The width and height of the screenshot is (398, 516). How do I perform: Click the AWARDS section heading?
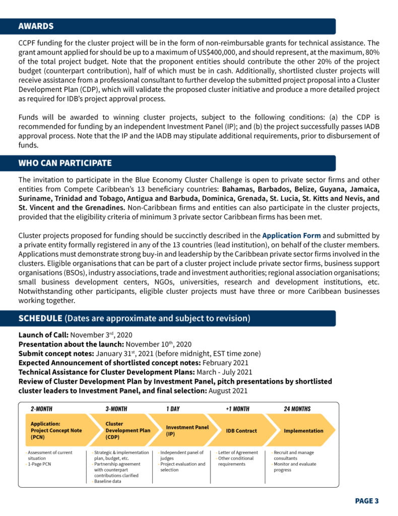36,26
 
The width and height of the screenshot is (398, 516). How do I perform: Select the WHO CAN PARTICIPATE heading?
65,163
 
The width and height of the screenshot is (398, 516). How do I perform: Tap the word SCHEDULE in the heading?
40,318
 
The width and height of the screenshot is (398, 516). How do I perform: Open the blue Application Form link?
291,235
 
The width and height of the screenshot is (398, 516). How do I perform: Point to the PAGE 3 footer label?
366,500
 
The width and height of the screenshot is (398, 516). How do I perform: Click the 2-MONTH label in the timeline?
41,409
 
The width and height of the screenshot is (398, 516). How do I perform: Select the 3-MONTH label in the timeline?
116,409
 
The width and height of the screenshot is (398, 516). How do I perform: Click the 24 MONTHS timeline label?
297,409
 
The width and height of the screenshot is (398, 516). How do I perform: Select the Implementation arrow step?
303,431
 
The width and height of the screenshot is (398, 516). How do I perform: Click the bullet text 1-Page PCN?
39,464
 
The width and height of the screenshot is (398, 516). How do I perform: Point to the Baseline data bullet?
110,481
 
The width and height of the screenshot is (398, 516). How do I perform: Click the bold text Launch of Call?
43,335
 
